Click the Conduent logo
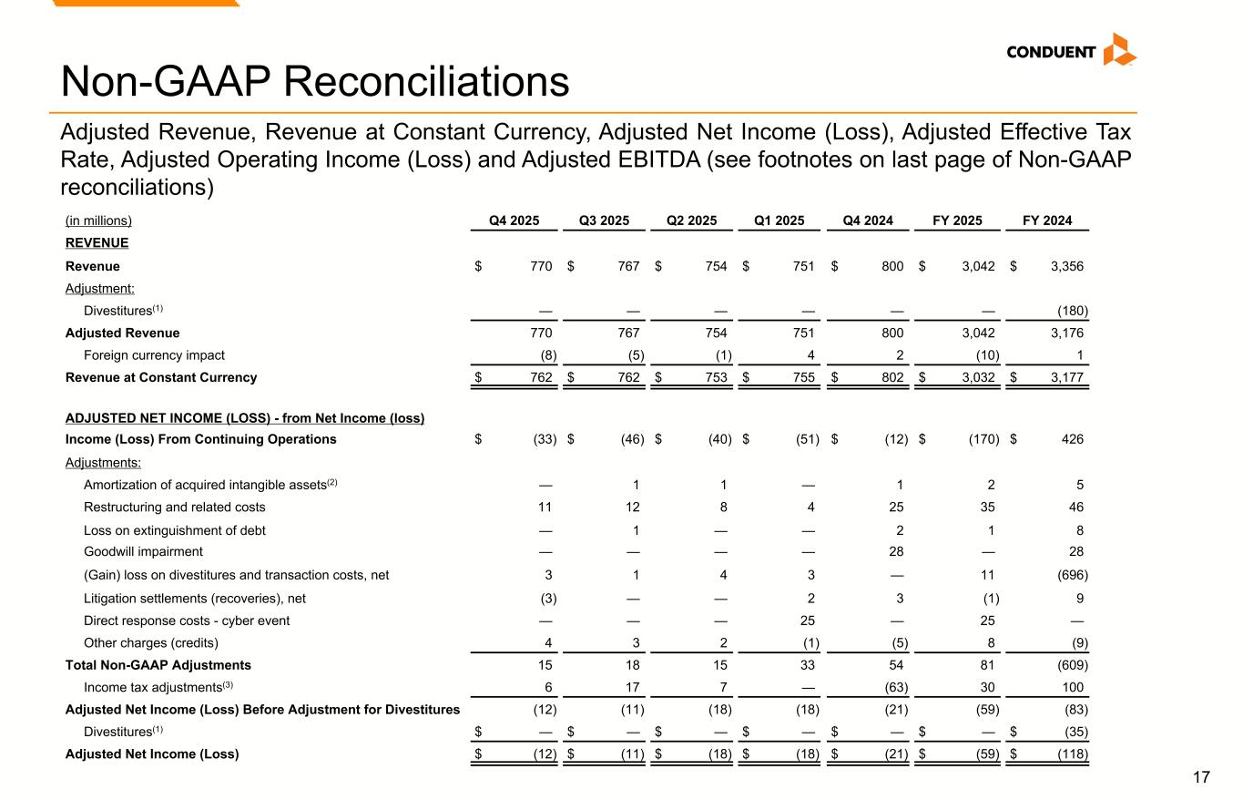[x=1071, y=51]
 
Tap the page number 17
[x=1202, y=777]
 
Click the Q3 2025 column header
[x=604, y=221]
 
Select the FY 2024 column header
[x=1047, y=221]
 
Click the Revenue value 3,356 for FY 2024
[x=1066, y=266]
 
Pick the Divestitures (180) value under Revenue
[x=1070, y=310]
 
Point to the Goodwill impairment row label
[x=143, y=551]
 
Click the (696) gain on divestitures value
[x=1070, y=575]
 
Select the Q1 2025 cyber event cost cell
[x=810, y=621]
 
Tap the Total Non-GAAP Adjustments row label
[x=158, y=665]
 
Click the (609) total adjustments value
[x=1070, y=665]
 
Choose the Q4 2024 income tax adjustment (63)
[x=892, y=687]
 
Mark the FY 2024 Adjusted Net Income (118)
[x=1070, y=754]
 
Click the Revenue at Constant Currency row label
[x=161, y=377]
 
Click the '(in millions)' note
[x=98, y=221]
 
